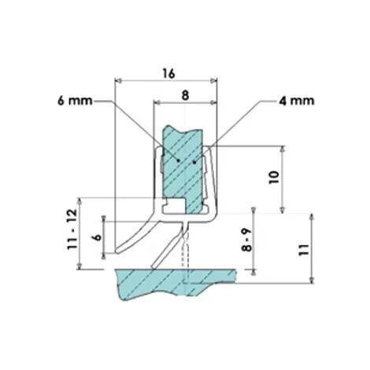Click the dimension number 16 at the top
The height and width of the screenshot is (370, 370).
tap(167, 72)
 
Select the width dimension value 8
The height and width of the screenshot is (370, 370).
tap(185, 94)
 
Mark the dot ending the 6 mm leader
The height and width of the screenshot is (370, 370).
tap(180, 160)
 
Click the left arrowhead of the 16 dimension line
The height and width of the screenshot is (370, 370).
tap(119, 80)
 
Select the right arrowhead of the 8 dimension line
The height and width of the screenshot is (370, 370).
tap(213, 102)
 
